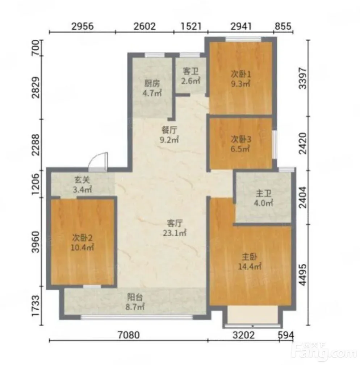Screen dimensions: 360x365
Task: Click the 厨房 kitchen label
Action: [x=152, y=83]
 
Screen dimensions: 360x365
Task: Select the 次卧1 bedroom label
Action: [x=241, y=74]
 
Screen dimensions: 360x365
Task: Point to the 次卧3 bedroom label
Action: [x=241, y=139]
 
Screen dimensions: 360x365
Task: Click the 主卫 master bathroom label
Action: [x=264, y=193]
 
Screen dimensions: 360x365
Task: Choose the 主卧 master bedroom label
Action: [x=249, y=257]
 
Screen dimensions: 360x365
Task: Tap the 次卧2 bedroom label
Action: [x=82, y=238]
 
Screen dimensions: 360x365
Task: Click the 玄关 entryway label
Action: [x=82, y=180]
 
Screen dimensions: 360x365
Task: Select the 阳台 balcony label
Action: [x=135, y=297]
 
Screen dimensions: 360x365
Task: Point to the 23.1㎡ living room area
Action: [x=175, y=233]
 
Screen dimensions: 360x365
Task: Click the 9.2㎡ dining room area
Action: [x=169, y=140]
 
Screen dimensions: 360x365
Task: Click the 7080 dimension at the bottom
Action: [x=129, y=335]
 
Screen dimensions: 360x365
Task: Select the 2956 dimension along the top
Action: [x=82, y=26]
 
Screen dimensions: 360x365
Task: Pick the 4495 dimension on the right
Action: [x=303, y=275]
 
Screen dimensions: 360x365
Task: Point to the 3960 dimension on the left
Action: [x=36, y=242]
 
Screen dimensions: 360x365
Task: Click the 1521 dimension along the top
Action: [x=191, y=26]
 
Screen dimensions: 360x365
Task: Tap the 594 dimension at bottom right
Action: [x=286, y=335]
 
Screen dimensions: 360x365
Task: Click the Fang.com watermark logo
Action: [x=325, y=352]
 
